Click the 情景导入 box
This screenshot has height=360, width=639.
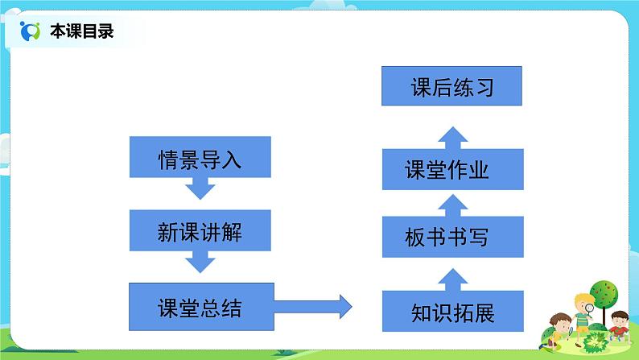(200, 157)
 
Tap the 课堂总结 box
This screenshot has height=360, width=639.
(200, 307)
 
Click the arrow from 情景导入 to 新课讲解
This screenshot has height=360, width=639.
(200, 188)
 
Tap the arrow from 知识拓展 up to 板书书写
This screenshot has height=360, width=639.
(452, 276)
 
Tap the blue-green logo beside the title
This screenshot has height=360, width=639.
(31, 32)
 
